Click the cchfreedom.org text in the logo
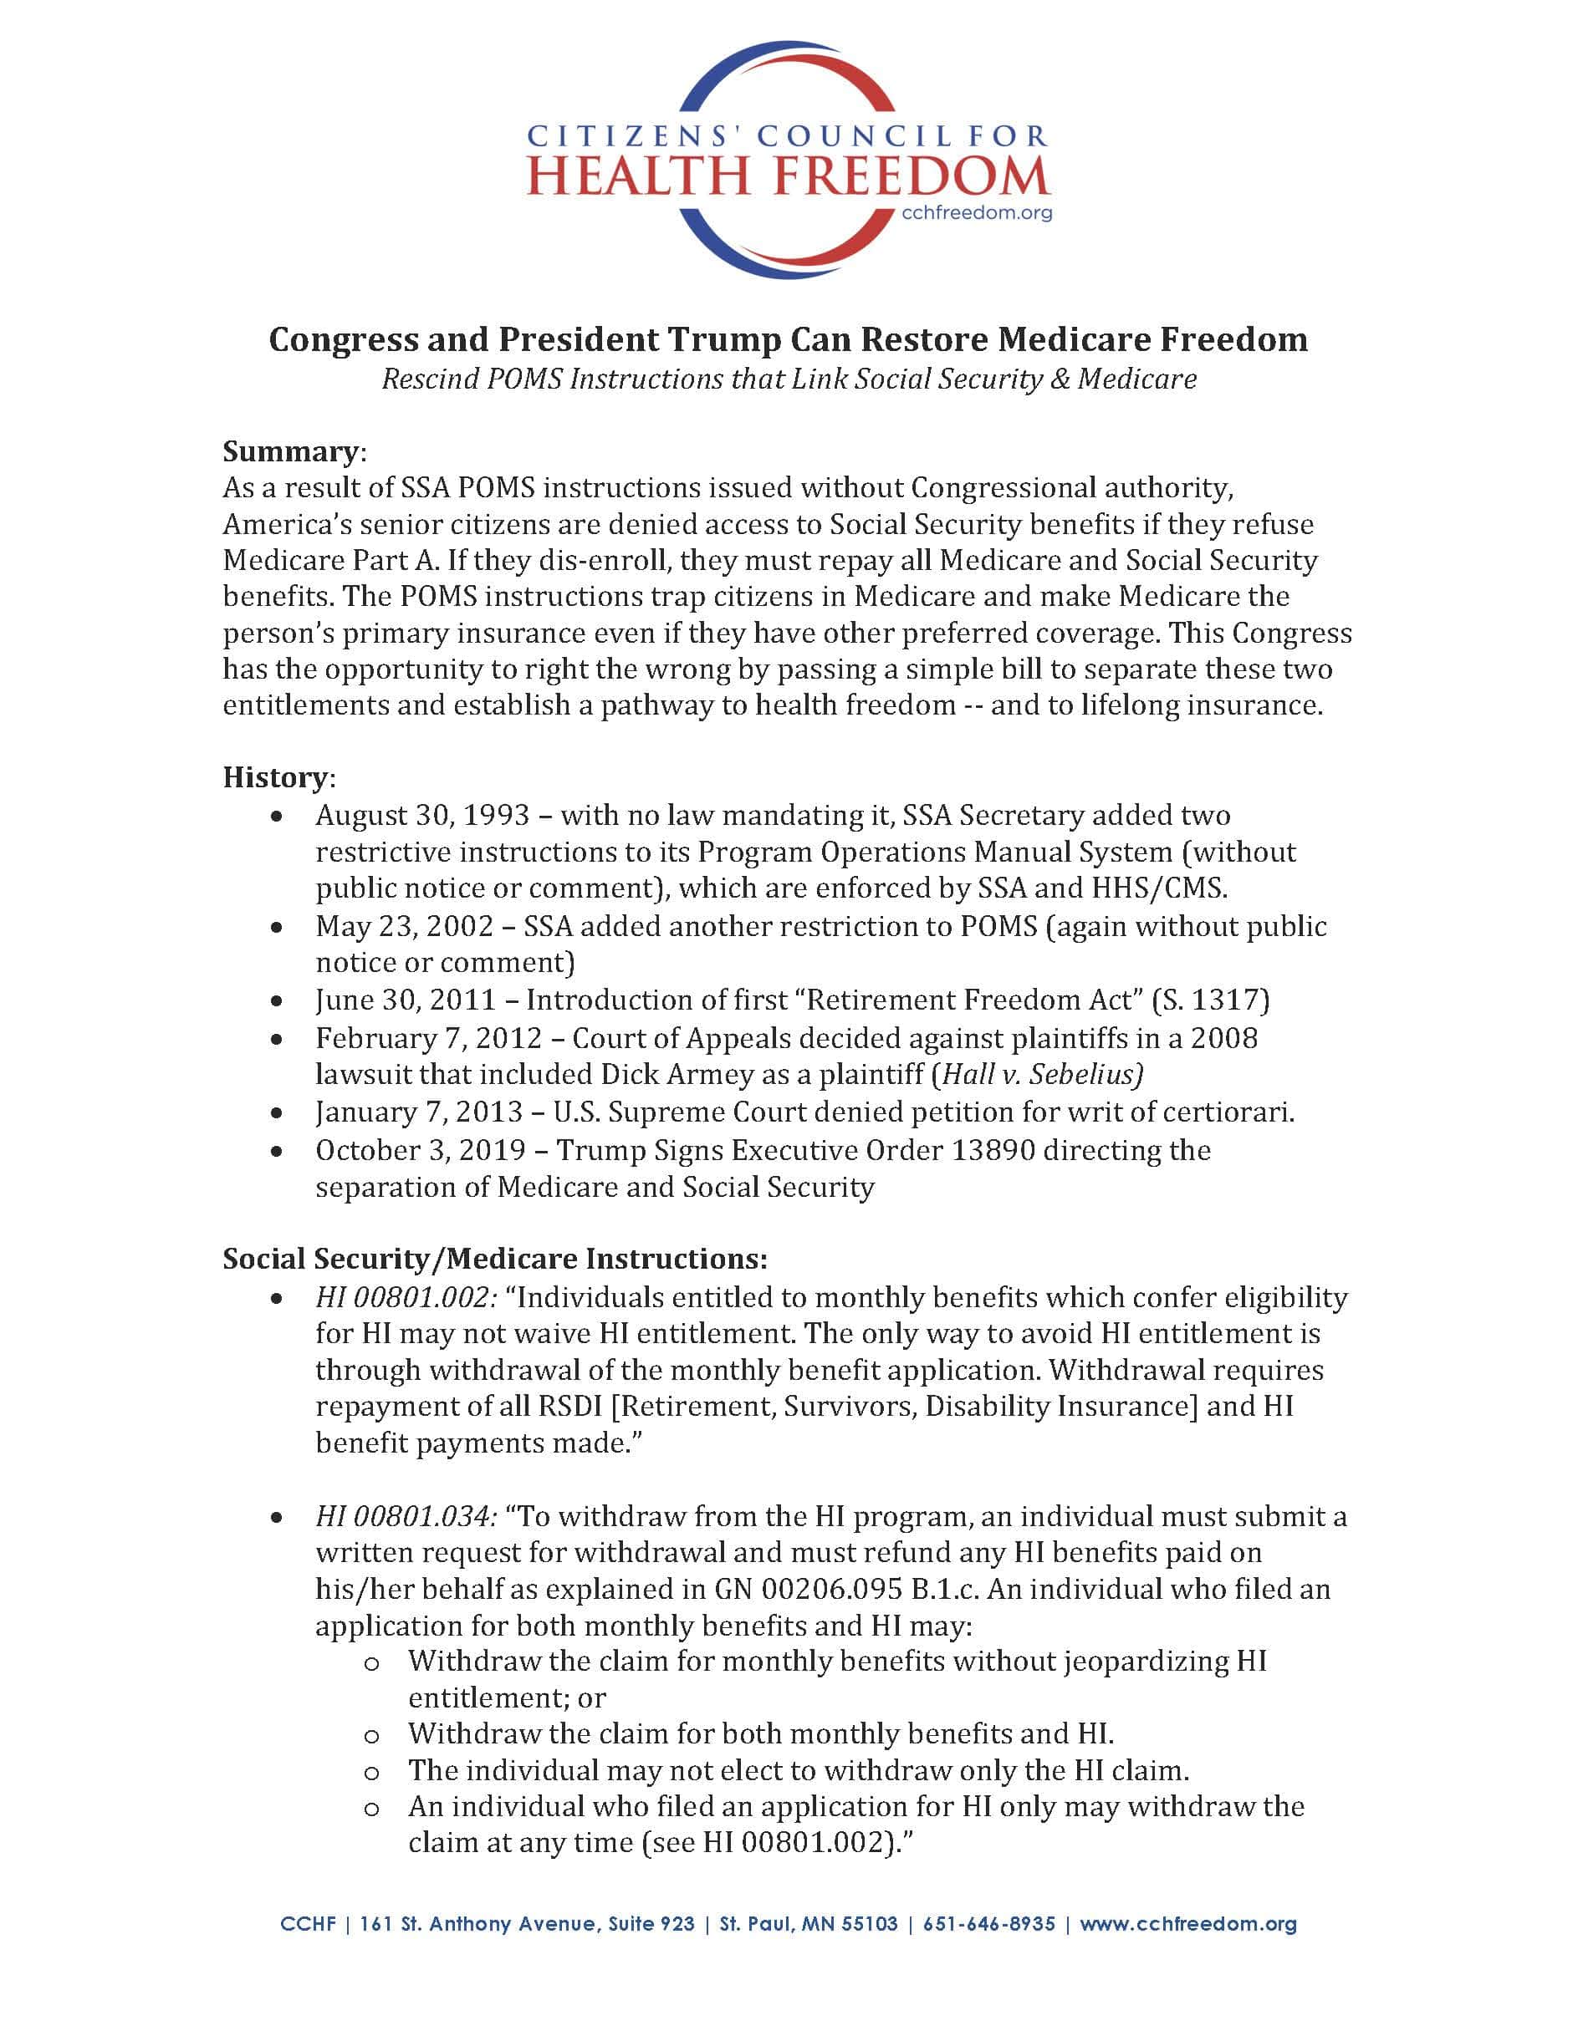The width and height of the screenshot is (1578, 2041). coord(976,213)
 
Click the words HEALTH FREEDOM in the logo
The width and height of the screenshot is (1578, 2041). coord(788,177)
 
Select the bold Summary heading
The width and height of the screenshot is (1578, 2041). coord(290,451)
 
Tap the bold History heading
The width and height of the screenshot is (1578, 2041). coord(275,777)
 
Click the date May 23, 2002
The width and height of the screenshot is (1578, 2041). coord(404,926)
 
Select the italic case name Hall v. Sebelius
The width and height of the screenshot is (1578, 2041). coord(1041,1075)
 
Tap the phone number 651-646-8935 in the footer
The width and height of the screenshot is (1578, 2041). coord(989,1924)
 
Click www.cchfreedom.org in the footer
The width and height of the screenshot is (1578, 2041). coord(1188,1924)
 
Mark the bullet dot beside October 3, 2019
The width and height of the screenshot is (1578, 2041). coord(277,1152)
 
